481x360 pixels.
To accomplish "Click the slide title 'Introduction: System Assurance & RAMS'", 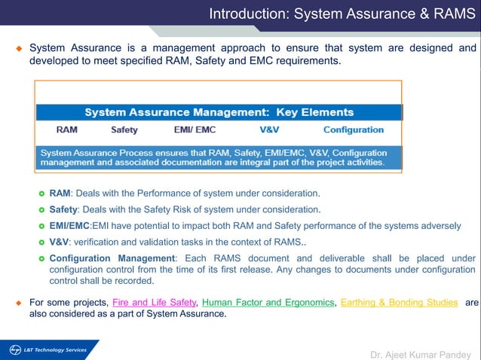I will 342,14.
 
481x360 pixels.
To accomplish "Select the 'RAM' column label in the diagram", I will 66,130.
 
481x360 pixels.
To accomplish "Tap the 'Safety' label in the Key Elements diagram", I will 124,130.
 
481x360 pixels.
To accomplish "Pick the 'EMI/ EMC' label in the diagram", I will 195,130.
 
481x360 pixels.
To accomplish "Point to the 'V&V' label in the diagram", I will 269,130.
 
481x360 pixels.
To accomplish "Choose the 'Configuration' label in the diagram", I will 354,130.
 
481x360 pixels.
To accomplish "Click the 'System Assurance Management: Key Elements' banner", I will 219,112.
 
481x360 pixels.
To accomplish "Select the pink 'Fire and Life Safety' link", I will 154,302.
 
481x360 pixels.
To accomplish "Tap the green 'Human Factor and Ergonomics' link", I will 268,302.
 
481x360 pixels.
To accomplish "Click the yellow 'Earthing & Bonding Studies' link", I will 399,302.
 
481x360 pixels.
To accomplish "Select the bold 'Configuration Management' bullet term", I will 112,258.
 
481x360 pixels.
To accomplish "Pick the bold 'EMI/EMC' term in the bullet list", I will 69,226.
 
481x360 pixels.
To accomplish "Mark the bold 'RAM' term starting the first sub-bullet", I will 60,193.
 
